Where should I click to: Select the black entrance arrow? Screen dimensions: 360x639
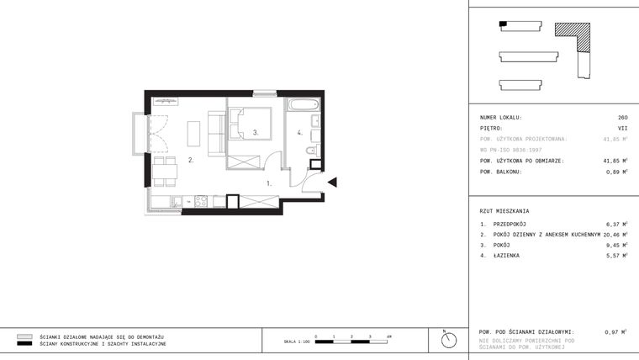tap(332, 182)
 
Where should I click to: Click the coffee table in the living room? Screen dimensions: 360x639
tap(193, 134)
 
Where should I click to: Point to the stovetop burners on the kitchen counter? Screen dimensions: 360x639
tap(201, 200)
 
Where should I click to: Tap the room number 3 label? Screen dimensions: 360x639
tap(255, 133)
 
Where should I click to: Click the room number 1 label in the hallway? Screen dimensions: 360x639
tap(269, 182)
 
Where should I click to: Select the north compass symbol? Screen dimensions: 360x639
tap(449, 339)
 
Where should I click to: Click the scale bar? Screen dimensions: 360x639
tap(352, 341)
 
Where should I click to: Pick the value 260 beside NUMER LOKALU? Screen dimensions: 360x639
tap(622, 118)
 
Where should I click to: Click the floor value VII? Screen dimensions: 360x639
tap(623, 129)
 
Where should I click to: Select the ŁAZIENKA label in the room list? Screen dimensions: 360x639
tap(507, 255)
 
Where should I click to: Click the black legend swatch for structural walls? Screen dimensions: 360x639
tap(24, 344)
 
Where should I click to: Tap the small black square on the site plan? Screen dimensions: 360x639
tap(504, 24)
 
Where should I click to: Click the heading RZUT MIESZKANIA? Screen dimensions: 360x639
tap(504, 211)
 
